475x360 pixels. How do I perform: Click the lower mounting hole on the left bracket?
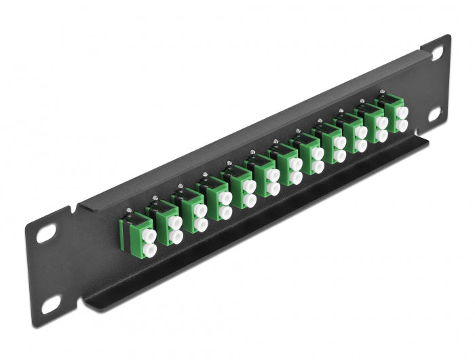pyautogui.click(x=50, y=305)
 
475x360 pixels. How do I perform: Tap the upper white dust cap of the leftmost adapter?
pyautogui.click(x=149, y=237)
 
